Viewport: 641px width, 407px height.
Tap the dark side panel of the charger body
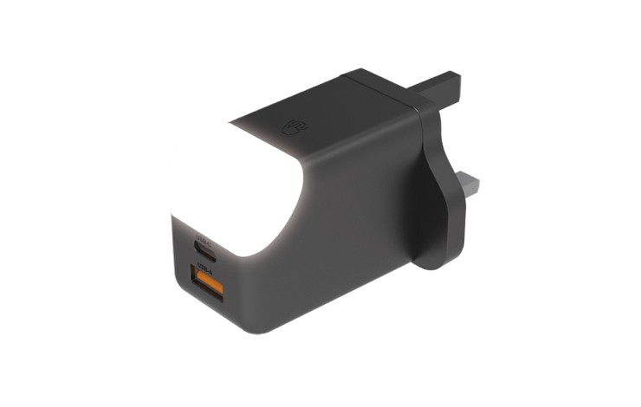pos(346,234)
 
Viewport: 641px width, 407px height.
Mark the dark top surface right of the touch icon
pos(346,113)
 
